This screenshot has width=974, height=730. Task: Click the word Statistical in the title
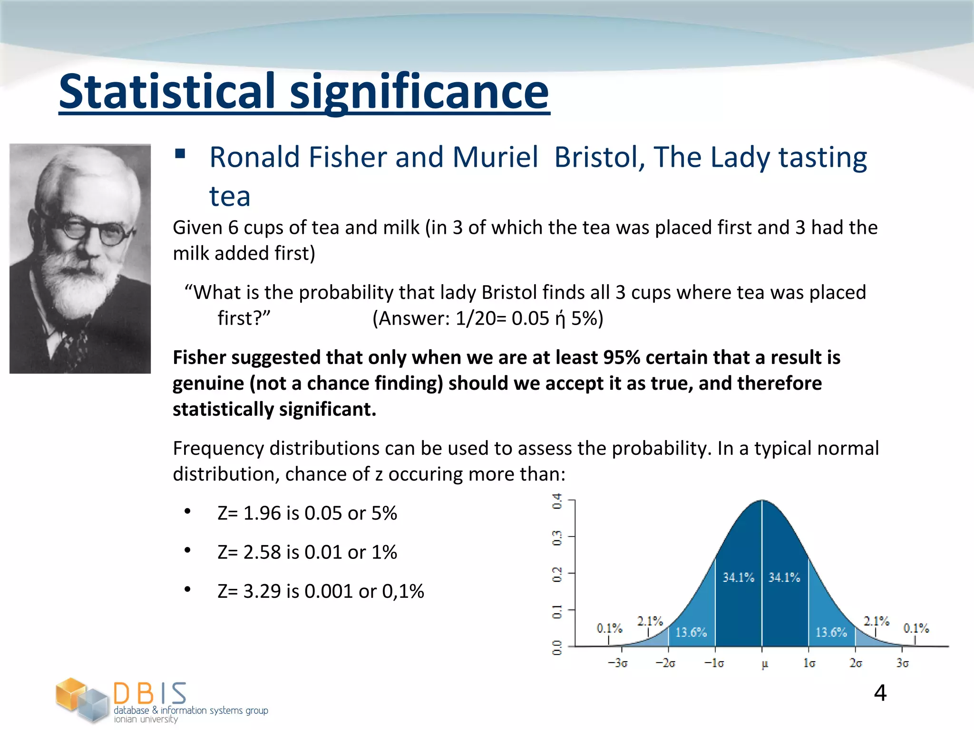167,91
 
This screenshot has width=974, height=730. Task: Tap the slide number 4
880,693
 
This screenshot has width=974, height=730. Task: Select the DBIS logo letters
150,693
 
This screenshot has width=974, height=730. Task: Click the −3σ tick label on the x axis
617,663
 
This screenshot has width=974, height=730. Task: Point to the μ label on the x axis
765,664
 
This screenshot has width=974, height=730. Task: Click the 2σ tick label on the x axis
856,663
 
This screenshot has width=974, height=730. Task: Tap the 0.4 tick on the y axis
557,501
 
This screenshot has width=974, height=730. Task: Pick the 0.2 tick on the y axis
557,574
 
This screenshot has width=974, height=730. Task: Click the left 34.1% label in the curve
738,577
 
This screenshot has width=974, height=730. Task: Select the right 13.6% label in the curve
831,632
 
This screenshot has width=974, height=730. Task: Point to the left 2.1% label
650,621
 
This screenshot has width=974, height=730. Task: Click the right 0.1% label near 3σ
916,628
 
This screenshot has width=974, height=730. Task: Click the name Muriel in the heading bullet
495,157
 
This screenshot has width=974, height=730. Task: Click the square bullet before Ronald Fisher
180,154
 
